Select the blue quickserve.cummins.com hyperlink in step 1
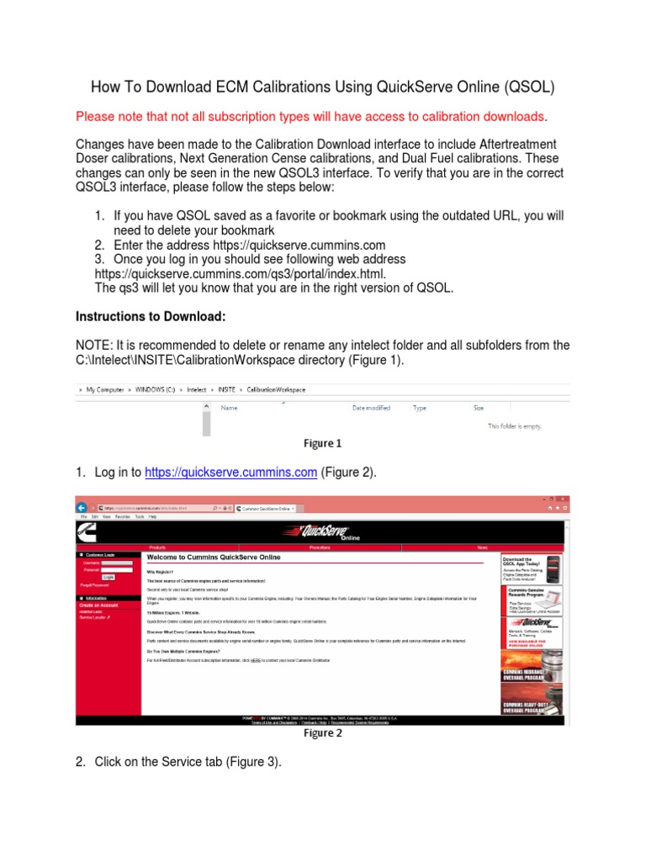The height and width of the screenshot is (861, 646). [x=231, y=473]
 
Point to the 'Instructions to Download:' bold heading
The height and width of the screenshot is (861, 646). [x=151, y=317]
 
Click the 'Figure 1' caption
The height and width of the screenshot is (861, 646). [x=323, y=443]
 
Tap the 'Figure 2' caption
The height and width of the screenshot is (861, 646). [x=323, y=733]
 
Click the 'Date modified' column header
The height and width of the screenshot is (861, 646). [x=371, y=408]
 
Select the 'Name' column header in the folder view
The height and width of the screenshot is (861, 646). [x=229, y=408]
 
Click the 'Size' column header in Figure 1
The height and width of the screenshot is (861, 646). [x=479, y=408]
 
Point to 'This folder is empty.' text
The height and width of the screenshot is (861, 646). [x=515, y=426]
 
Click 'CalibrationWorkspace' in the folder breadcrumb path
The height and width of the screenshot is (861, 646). [x=277, y=390]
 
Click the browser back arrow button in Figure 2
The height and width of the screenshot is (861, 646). [x=83, y=508]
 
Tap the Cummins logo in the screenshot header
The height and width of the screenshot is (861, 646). [x=87, y=531]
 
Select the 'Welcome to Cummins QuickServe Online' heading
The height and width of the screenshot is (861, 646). [x=214, y=557]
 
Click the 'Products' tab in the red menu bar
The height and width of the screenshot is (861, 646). [x=157, y=547]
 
